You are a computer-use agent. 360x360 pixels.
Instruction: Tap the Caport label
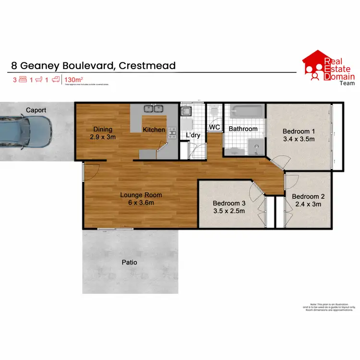pos(36,110)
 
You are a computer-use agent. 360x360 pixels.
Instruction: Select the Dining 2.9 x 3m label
pos(103,133)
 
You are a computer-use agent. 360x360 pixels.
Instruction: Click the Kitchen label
pos(154,130)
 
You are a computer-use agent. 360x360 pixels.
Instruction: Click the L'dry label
pos(193,135)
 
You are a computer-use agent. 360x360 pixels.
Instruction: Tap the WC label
pos(214,127)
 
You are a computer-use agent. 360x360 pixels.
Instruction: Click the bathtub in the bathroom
pos(244,112)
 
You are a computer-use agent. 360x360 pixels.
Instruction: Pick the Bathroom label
pos(243,129)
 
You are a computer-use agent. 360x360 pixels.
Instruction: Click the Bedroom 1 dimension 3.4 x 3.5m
pos(298,140)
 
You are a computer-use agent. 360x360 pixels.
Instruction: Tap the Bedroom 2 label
pos(308,196)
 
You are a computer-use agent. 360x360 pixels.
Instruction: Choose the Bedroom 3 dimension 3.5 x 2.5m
pos(229,210)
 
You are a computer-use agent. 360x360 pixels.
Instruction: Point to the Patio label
pos(129,263)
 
